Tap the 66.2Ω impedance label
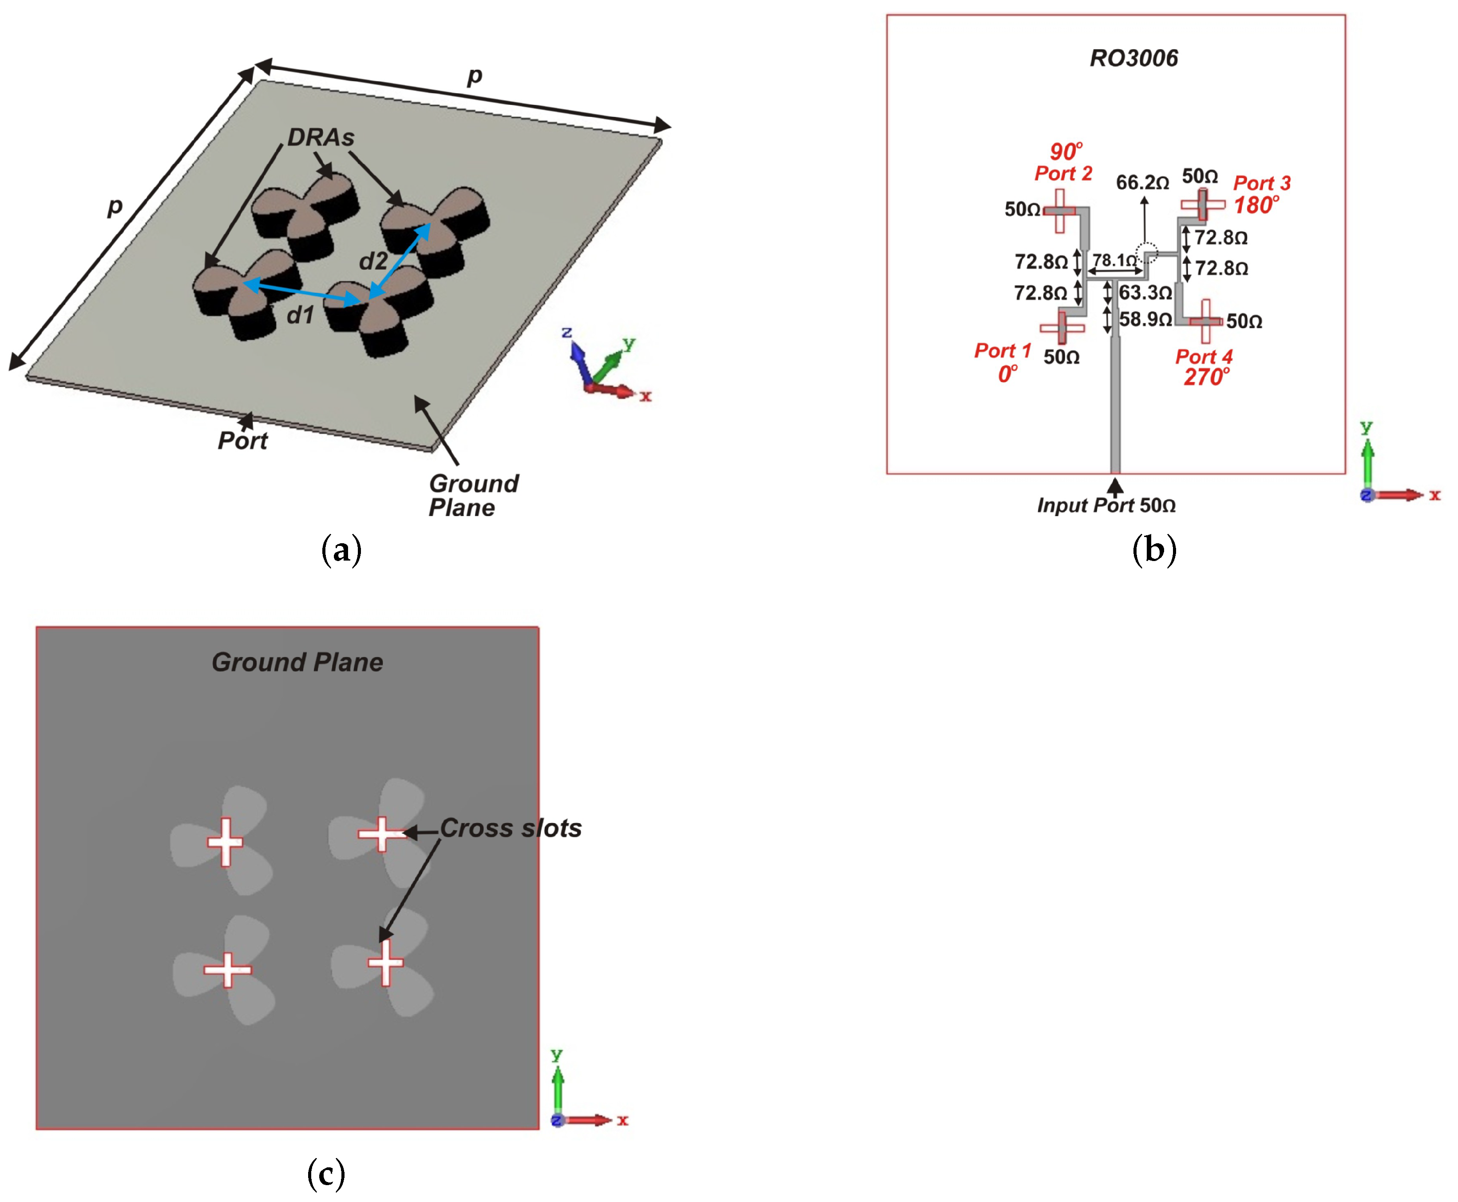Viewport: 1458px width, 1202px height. [1142, 183]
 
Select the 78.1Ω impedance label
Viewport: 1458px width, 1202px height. [1113, 260]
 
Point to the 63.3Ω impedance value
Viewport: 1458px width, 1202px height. [1145, 292]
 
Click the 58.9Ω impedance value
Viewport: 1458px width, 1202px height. [1145, 319]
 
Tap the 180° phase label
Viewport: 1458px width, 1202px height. [1256, 206]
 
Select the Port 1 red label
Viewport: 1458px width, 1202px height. [1002, 351]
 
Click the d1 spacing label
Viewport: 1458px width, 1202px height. [300, 316]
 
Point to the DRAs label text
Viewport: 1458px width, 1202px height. [321, 138]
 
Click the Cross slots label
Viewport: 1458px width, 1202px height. [511, 828]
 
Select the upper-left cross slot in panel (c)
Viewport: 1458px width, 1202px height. [226, 842]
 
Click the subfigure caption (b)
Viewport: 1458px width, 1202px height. [1153, 550]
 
